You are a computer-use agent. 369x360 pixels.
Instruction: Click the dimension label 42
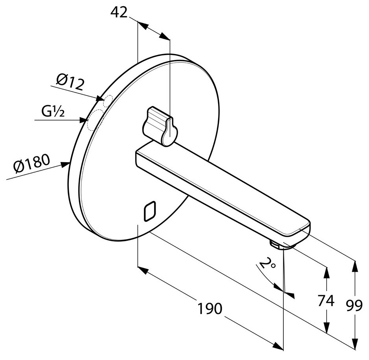[x=119, y=12]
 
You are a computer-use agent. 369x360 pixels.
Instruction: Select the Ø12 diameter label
[x=70, y=82]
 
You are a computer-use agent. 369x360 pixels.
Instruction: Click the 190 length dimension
[x=209, y=308]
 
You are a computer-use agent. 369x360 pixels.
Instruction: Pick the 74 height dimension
[x=326, y=300]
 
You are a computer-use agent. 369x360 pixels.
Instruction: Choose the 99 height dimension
[x=354, y=306]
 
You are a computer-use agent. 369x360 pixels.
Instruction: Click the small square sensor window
[x=150, y=211]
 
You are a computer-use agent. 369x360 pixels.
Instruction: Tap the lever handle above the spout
[x=160, y=126]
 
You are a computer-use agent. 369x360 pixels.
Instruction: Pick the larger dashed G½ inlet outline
[x=95, y=121]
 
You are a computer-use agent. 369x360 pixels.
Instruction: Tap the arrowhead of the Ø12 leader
[x=99, y=98]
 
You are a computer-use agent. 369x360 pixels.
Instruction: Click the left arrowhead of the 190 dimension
[x=143, y=270]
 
